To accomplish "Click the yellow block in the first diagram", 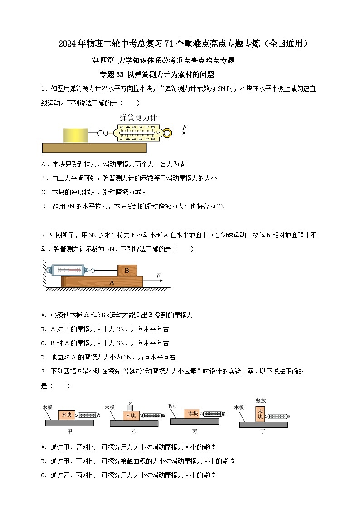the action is (75, 136).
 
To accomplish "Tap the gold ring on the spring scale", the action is (167, 133).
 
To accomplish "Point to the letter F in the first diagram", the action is (185, 127).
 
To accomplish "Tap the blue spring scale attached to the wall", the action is (71, 270).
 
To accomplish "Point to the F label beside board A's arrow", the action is (158, 276).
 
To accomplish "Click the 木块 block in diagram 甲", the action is (67, 414).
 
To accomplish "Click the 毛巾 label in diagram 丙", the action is (172, 406).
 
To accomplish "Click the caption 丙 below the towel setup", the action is (194, 431).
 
